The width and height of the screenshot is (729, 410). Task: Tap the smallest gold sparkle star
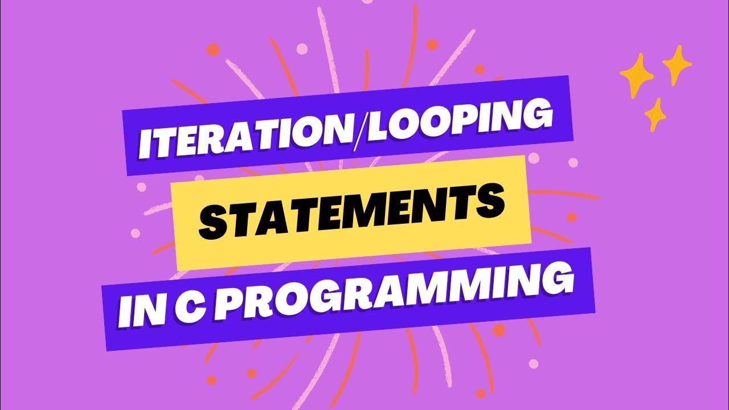(x=656, y=114)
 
